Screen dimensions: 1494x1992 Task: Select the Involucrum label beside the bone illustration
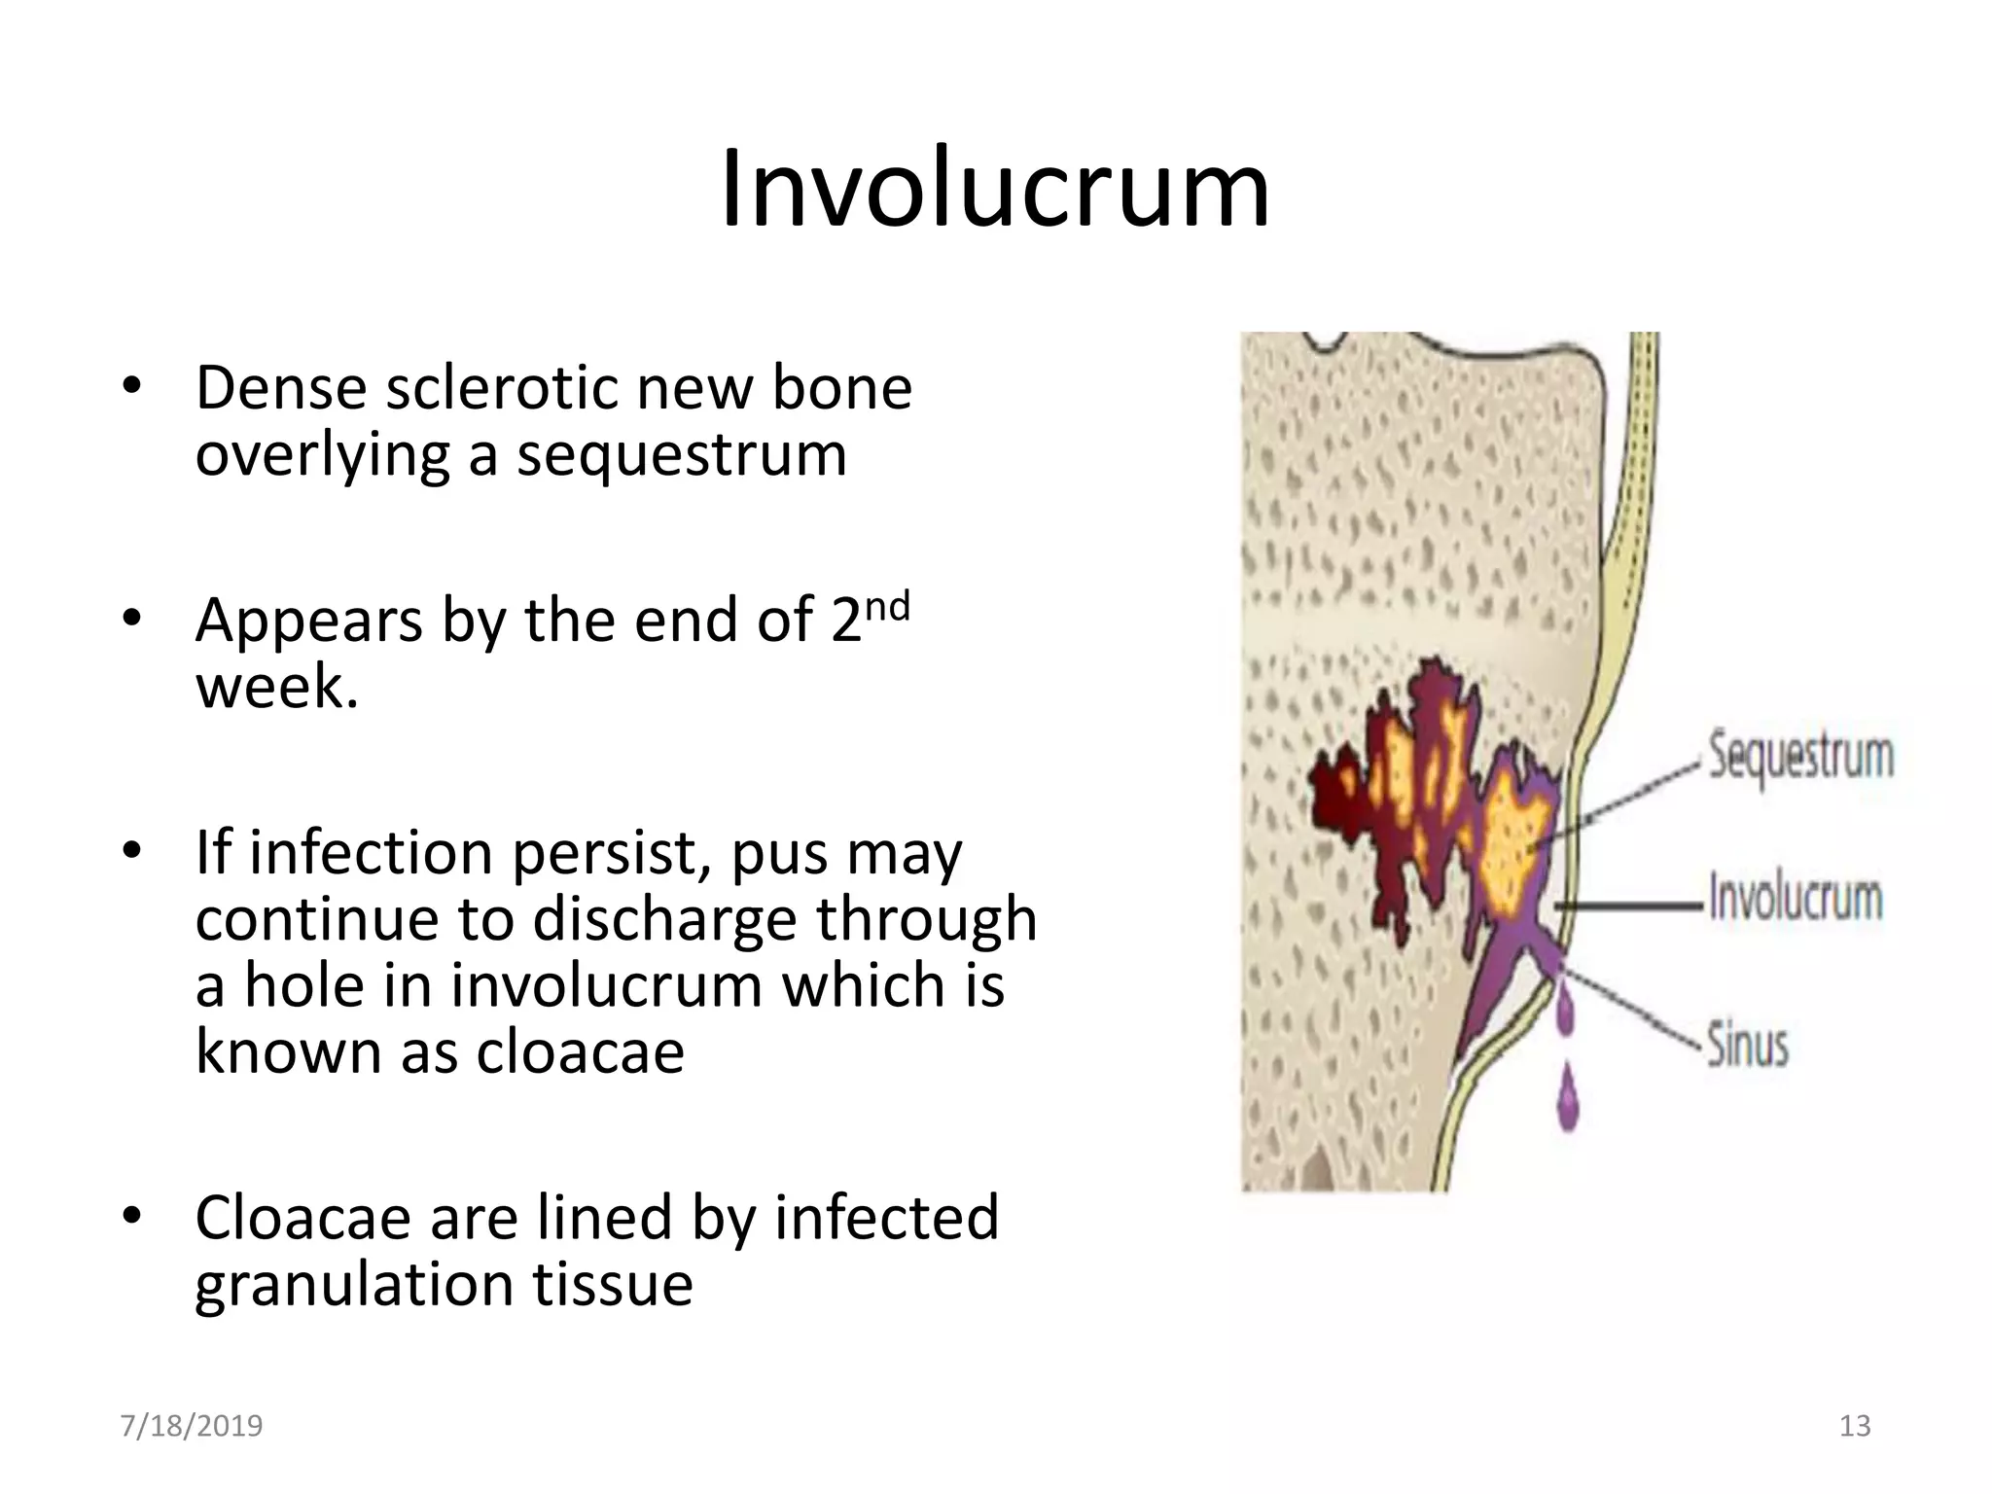click(x=1796, y=898)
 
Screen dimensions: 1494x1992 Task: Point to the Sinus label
click(x=1748, y=1046)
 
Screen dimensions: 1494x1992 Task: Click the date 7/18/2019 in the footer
click(x=192, y=1426)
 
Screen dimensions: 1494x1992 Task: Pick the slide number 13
click(x=1855, y=1426)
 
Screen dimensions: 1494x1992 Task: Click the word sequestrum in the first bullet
click(x=681, y=454)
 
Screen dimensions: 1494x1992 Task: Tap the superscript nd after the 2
click(x=886, y=608)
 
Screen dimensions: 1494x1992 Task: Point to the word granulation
click(x=354, y=1284)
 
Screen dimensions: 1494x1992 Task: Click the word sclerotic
click(x=502, y=388)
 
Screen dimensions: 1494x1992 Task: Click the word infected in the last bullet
click(x=886, y=1217)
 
